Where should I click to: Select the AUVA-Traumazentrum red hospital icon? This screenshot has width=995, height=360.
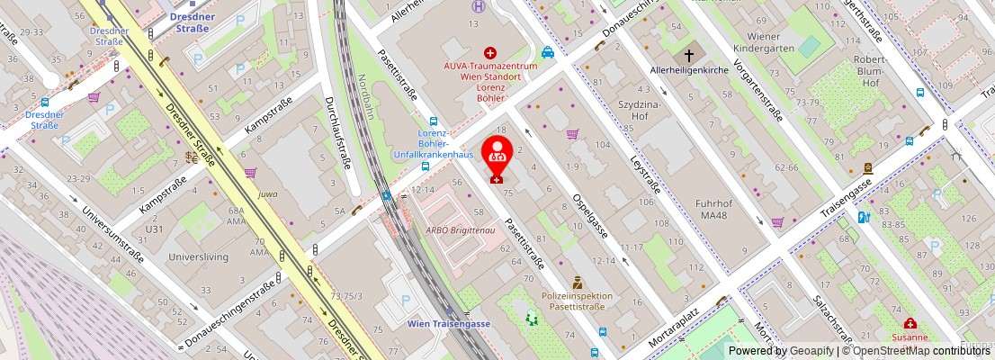point(490,54)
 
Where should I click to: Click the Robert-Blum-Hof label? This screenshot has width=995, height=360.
point(869,71)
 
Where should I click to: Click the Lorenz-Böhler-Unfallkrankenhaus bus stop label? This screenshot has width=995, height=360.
point(433,144)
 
